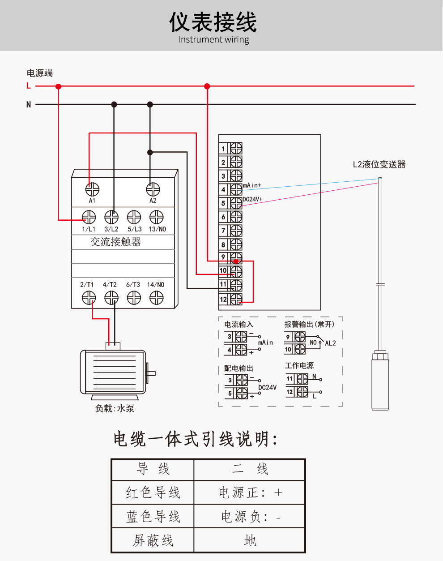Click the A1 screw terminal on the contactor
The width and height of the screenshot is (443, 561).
point(92,189)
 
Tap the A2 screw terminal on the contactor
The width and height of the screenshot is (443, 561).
point(153,189)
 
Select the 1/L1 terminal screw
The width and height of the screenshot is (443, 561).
point(89,218)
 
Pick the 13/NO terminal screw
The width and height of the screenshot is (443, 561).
point(156,218)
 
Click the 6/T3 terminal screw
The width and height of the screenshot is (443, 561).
point(134,298)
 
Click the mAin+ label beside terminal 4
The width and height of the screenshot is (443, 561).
point(252,185)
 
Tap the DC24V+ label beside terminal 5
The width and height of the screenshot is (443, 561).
point(252,199)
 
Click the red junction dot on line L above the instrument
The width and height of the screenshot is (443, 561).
point(207,86)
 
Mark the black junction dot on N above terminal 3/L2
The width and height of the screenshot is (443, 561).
point(114,104)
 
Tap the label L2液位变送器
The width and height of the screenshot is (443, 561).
point(379,164)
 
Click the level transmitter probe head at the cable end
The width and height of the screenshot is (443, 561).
point(380,381)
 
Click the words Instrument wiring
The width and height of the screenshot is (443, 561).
point(213,39)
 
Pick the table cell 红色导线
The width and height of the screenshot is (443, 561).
point(153,493)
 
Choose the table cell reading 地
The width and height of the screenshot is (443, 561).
point(250,540)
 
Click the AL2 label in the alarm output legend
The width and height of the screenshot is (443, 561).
point(330,343)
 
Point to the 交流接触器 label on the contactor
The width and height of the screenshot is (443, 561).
point(115,242)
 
